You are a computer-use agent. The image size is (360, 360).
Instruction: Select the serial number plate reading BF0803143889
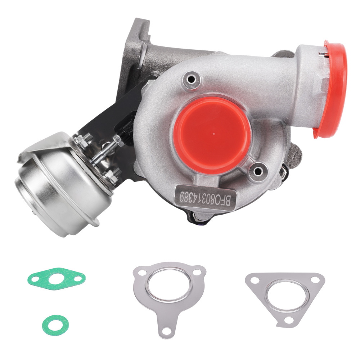coord(206,197)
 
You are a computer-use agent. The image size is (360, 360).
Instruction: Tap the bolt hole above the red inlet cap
coord(190,78)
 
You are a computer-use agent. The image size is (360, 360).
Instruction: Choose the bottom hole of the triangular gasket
coord(287,320)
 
